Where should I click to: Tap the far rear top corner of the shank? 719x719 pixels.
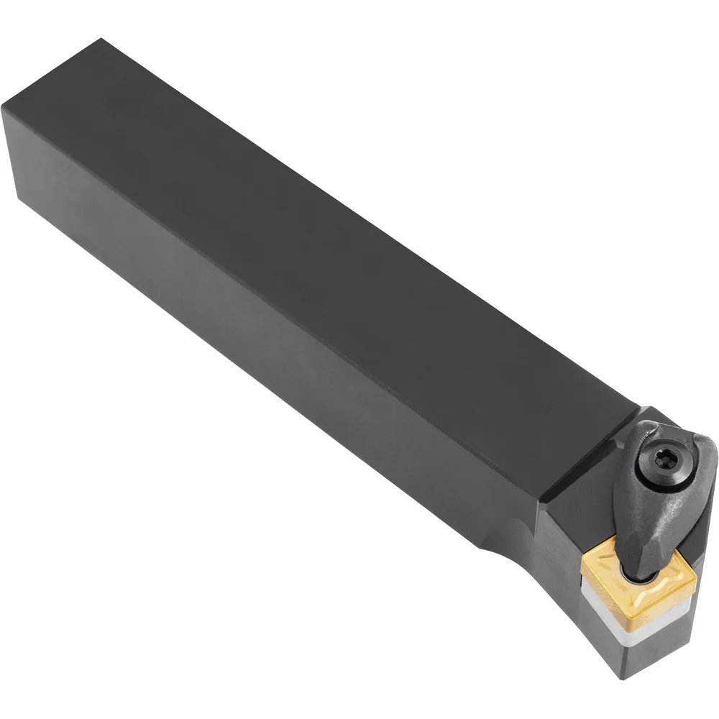pyautogui.click(x=101, y=40)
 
